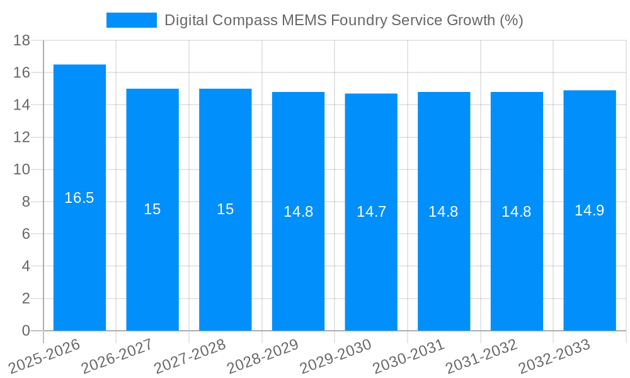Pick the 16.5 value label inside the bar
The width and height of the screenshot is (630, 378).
(79, 198)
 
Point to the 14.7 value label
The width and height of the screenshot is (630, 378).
(371, 212)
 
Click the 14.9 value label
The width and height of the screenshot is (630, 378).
(590, 210)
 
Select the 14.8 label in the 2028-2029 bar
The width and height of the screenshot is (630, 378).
(298, 212)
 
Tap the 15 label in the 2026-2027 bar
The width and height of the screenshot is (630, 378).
(152, 209)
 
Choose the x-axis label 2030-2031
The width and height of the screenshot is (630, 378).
(409, 356)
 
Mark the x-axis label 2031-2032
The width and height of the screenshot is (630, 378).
(482, 356)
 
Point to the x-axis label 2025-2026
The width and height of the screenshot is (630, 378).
(45, 356)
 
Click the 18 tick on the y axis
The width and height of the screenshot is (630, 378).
(21, 41)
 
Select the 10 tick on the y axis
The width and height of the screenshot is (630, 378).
(21, 169)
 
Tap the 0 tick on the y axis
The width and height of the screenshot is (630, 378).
(26, 330)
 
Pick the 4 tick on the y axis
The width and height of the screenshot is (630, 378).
(26, 266)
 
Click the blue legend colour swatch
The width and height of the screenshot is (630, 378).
(131, 20)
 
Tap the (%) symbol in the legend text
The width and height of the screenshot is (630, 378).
(511, 20)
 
